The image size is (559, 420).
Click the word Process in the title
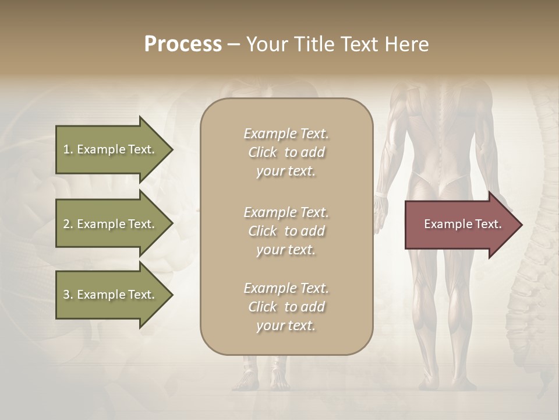(183, 44)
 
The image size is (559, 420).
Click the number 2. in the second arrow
(68, 224)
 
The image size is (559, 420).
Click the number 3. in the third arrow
(68, 295)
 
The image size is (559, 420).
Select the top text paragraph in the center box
(286, 152)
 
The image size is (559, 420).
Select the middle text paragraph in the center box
(286, 231)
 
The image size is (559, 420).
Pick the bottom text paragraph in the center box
(286, 307)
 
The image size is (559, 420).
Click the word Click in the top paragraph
(263, 152)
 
